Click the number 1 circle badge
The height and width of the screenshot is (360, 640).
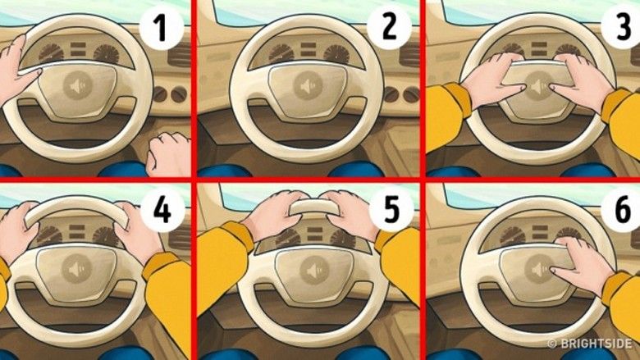point(162,28)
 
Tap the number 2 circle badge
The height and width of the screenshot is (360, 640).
point(390,27)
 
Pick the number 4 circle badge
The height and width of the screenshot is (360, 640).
point(162,210)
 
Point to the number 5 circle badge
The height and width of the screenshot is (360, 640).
point(391,210)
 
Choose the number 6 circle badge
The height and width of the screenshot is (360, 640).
point(623,210)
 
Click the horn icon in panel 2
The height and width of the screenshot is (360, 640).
point(307,86)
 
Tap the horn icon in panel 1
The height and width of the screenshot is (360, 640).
point(78,85)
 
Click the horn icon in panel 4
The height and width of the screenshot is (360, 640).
point(75,270)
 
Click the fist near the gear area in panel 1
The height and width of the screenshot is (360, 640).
point(168,154)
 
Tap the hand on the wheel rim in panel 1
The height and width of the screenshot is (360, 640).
point(17,70)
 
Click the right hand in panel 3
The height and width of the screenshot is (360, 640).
point(582,81)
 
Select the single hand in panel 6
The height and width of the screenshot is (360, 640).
point(582,265)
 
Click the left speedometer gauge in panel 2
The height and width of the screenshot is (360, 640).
point(281,53)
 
